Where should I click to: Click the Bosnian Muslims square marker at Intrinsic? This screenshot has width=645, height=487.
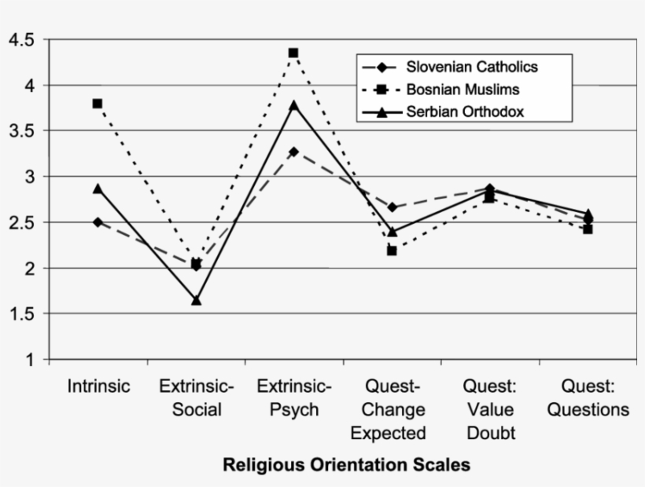point(98,104)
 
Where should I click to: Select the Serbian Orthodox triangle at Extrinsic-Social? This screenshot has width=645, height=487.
point(196,300)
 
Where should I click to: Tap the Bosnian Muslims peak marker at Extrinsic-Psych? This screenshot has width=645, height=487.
point(293,53)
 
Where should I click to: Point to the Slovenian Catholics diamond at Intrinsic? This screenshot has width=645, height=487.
point(98,222)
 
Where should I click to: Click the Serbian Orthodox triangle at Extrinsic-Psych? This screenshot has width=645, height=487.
point(293,104)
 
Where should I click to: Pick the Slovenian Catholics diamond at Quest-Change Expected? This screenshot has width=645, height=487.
point(392,207)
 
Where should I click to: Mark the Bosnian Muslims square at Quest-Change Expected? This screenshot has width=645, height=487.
point(392,251)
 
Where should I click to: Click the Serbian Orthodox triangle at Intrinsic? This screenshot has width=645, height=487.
point(98,189)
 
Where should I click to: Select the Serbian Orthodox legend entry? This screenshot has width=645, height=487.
point(465,112)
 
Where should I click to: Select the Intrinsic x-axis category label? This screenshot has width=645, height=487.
point(98,386)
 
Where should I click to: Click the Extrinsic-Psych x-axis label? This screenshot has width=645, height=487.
point(294,398)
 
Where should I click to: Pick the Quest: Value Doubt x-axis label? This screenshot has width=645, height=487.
point(489,410)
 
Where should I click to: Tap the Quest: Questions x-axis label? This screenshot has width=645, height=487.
point(588,398)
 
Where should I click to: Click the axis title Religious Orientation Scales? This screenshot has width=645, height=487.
point(346,465)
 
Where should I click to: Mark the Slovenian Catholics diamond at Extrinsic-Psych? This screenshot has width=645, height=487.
point(293,152)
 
